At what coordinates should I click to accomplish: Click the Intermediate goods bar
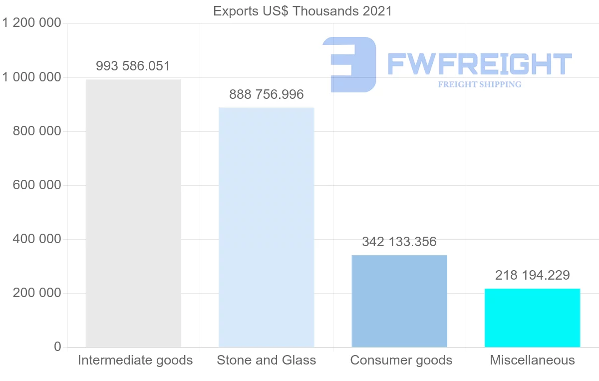(133, 213)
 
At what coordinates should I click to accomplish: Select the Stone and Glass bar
(266, 227)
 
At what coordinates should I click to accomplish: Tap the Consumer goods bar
(399, 301)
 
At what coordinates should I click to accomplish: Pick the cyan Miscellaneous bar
(532, 318)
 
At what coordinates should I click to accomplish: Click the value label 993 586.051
(133, 66)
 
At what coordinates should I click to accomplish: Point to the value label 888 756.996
(266, 94)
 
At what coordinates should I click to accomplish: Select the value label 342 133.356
(399, 242)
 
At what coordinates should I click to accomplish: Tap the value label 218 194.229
(532, 275)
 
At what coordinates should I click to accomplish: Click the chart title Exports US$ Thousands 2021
(302, 11)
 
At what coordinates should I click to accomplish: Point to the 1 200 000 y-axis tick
(31, 23)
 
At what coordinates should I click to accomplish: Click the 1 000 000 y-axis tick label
(31, 77)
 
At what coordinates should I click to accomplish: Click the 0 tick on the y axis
(57, 347)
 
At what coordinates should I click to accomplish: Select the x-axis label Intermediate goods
(135, 360)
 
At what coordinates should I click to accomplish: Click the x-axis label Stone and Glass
(266, 360)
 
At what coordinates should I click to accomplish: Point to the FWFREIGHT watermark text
(479, 64)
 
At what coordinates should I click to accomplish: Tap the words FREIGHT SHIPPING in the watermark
(480, 84)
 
